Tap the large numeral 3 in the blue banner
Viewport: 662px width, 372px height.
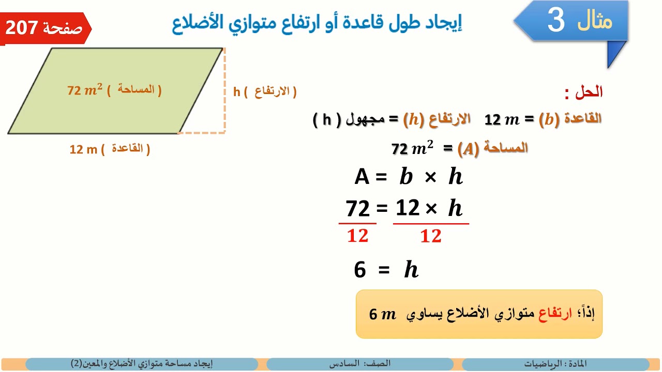coord(556,21)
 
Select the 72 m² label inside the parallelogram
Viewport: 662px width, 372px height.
coord(85,90)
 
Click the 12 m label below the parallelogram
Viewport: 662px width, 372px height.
coord(83,150)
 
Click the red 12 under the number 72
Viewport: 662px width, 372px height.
coord(357,236)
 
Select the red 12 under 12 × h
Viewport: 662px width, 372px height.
coord(430,237)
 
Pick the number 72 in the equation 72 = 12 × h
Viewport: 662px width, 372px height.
coord(358,209)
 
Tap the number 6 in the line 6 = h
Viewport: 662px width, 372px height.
coord(360,270)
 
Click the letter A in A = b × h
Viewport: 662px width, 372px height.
coord(362,177)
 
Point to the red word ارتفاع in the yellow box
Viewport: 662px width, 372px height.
coord(556,314)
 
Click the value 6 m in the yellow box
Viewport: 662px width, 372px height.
coord(382,314)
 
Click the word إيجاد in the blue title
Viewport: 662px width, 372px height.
coord(446,23)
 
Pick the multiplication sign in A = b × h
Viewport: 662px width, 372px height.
coord(430,177)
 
